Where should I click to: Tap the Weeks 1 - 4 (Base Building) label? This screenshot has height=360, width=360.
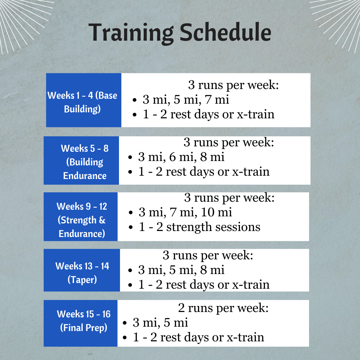click(82, 102)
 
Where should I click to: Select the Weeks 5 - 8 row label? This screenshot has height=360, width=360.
click(85, 162)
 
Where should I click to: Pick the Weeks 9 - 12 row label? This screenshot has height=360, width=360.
click(82, 220)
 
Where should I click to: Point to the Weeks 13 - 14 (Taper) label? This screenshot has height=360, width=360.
click(82, 273)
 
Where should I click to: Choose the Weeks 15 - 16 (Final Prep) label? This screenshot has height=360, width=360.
click(83, 321)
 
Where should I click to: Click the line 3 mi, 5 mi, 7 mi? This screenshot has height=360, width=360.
click(186, 100)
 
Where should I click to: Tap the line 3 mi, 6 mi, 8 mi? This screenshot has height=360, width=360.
click(181, 157)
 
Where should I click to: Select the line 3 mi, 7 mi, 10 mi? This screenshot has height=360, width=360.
click(185, 212)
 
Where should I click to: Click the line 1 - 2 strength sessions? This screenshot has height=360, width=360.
click(199, 227)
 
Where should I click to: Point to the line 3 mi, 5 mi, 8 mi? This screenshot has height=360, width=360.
click(181, 270)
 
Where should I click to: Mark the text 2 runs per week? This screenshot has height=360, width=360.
click(223, 308)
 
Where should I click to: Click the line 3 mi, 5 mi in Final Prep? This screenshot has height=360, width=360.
click(160, 322)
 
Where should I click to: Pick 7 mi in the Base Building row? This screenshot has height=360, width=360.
click(218, 100)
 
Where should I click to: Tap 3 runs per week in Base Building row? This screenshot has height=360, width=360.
click(233, 85)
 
